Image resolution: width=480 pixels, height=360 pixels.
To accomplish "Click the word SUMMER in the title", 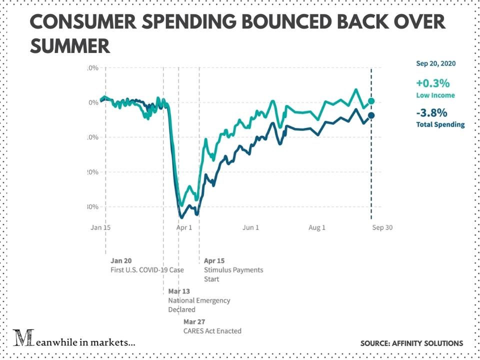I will [70, 46].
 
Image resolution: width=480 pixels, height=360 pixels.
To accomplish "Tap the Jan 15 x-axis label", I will [100, 227].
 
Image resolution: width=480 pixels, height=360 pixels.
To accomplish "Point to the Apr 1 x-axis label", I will [184, 227].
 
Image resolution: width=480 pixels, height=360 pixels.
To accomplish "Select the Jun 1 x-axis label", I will [251, 227].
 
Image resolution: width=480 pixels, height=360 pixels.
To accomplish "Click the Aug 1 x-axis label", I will [317, 227].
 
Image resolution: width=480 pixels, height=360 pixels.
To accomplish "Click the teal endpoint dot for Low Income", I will [371, 101].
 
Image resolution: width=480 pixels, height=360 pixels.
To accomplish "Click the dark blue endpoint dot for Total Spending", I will [371, 116].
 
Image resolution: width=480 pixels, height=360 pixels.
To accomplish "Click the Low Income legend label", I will [435, 95].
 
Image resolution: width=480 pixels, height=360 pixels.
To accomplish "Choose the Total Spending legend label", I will [440, 124].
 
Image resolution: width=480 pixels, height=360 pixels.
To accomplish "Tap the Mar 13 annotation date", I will [179, 291].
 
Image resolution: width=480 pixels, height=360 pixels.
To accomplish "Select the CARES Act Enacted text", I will [212, 330].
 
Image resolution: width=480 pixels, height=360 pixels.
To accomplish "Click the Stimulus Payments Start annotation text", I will [233, 274].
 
